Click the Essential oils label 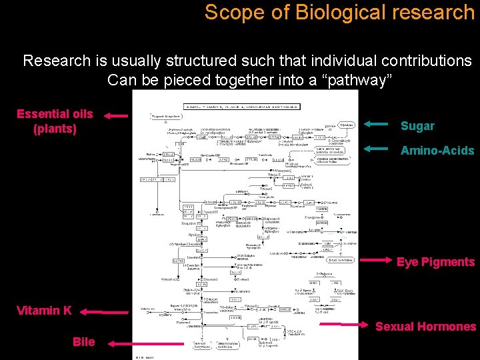pyautogui.click(x=55, y=114)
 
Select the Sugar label pyautogui.click(x=417, y=126)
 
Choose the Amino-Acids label pyautogui.click(x=437, y=151)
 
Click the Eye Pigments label pyautogui.click(x=435, y=262)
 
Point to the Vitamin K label pyautogui.click(x=44, y=310)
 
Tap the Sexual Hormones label pyautogui.click(x=425, y=326)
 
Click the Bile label pyautogui.click(x=83, y=342)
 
